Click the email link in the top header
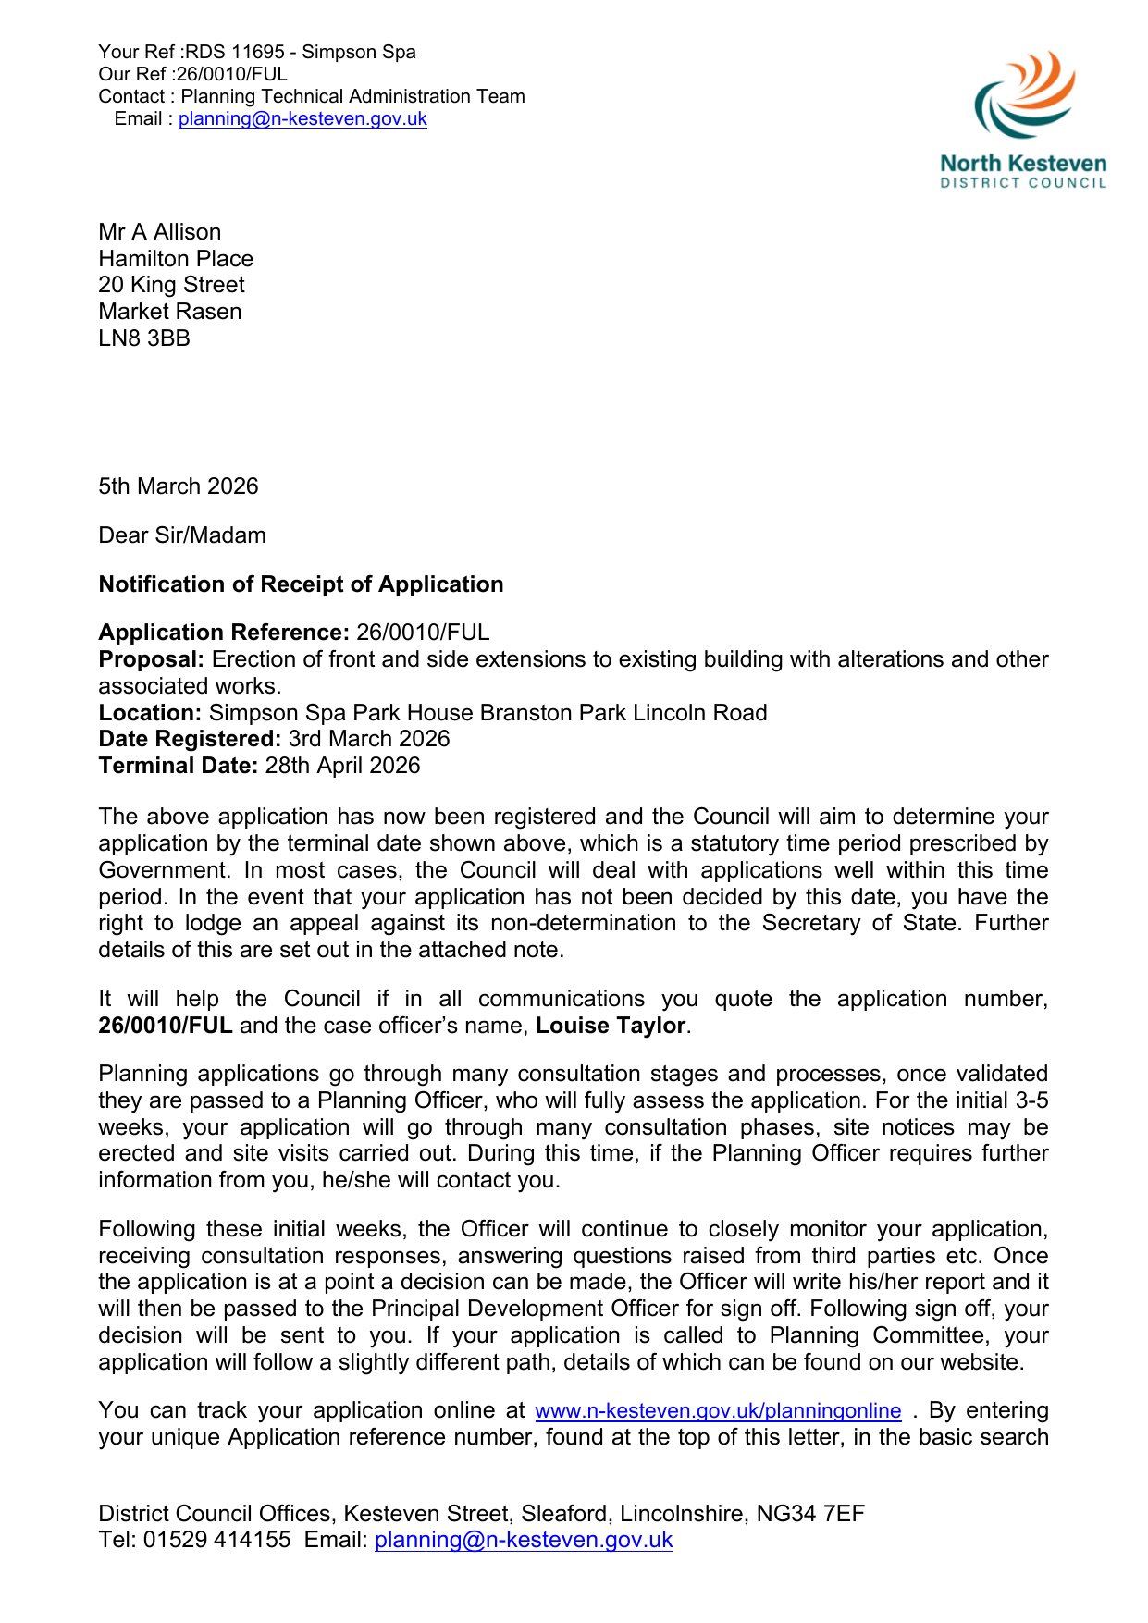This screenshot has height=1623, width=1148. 302,119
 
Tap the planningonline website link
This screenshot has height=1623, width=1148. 718,1411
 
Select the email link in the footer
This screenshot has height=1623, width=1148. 524,1540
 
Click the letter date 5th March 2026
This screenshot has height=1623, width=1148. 179,486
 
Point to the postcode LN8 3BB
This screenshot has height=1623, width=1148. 144,338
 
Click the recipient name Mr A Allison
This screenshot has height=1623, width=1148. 160,232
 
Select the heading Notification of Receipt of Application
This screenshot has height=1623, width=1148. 301,584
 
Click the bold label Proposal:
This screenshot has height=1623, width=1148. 151,659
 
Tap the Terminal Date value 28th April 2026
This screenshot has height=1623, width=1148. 342,766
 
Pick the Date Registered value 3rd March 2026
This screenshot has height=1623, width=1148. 368,739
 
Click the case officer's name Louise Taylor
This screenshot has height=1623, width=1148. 611,1026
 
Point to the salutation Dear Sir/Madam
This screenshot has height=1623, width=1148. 182,535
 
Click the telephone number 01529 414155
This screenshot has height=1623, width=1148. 216,1540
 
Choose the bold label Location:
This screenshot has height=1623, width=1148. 150,713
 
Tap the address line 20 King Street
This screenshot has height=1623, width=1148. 172,285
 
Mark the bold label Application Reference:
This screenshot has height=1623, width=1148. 224,633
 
